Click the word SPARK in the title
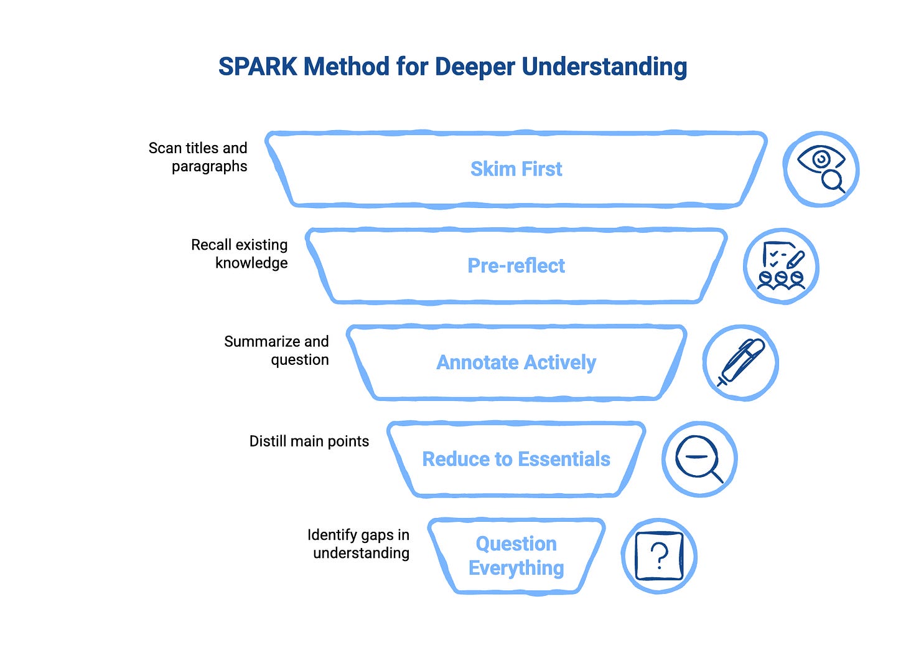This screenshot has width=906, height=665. point(258,67)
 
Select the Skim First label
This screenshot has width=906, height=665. point(516,169)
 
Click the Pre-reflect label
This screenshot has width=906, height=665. point(516,266)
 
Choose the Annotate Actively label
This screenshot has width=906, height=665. point(516,362)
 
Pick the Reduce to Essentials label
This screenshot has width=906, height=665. point(516,459)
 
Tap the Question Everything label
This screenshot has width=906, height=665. point(516,555)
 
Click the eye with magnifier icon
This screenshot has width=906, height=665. point(821,169)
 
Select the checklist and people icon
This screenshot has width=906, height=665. point(782,266)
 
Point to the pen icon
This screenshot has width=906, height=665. point(740,362)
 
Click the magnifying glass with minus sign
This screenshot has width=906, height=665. point(699,459)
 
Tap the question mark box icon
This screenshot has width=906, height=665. point(659,555)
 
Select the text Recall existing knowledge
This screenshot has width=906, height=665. point(240,253)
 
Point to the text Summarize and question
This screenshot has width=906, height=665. point(278,351)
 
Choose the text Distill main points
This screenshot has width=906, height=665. point(309,441)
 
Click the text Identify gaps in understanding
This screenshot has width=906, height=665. point(359,544)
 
